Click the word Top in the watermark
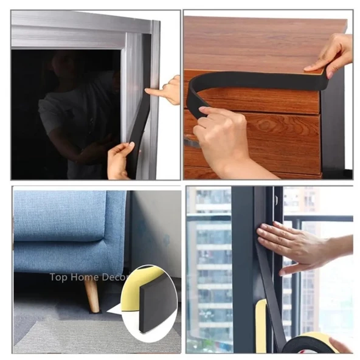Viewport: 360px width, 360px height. (58, 277)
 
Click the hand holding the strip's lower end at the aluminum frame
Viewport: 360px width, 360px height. (120, 161)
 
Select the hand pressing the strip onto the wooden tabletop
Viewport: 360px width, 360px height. (331, 56)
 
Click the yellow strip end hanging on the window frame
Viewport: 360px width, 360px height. (261, 324)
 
